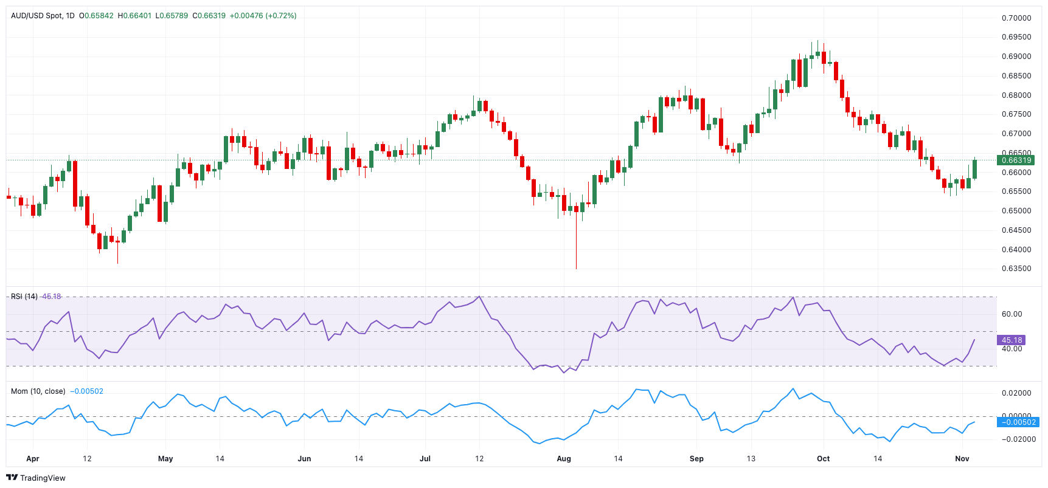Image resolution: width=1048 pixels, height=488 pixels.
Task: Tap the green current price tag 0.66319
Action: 1016,160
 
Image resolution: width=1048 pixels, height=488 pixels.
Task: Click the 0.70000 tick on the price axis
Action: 1016,18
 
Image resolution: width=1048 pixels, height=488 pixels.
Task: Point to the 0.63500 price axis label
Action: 1016,269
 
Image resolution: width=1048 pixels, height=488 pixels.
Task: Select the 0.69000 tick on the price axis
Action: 1016,57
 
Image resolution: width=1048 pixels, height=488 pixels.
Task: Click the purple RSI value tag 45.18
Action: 1012,340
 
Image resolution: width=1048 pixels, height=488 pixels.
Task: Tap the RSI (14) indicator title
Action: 24,297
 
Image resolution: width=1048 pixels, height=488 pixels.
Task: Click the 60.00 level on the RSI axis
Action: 1012,314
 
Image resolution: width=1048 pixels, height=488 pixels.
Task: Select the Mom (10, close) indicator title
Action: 38,391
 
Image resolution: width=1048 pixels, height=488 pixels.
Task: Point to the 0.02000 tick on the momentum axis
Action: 1016,393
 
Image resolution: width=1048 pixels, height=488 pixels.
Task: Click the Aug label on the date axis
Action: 564,459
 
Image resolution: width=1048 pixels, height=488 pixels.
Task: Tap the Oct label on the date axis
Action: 823,459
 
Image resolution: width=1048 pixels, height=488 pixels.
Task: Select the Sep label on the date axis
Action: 696,459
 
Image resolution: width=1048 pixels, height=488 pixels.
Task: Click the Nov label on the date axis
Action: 962,459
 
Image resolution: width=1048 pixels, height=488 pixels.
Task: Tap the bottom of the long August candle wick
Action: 576,268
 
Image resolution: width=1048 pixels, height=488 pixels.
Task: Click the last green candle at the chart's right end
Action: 975,169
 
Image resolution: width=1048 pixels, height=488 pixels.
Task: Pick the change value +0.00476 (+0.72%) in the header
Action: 263,16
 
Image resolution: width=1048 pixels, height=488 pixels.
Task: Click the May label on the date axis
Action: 165,459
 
